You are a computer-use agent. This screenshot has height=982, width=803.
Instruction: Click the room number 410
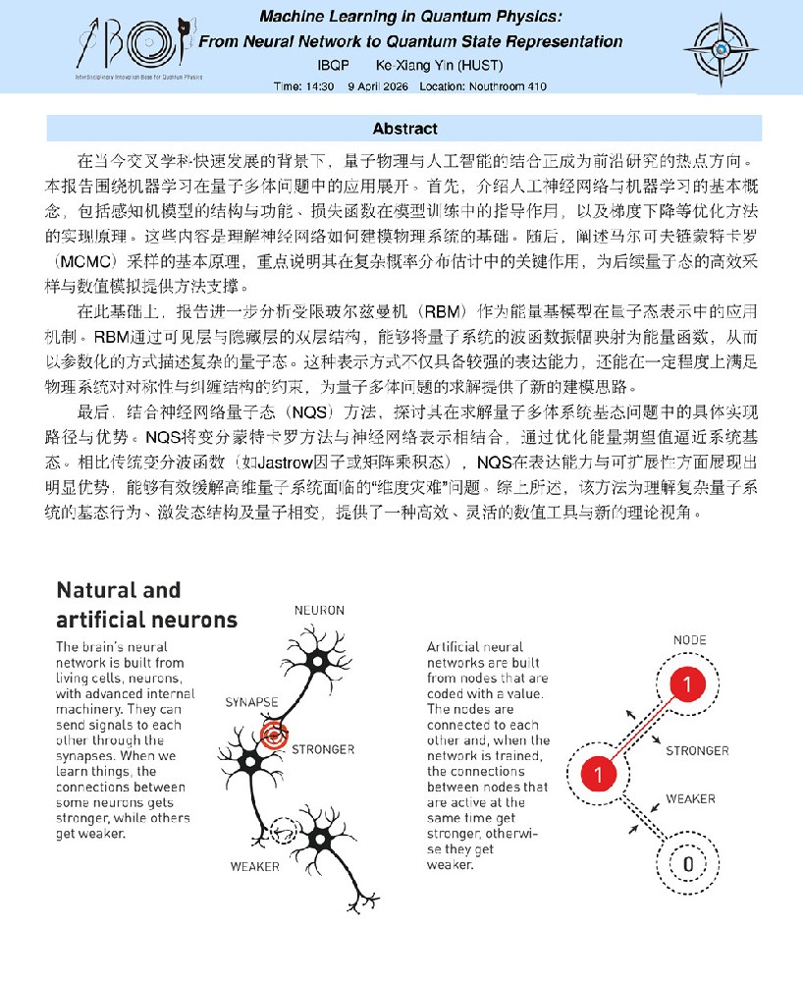[535, 86]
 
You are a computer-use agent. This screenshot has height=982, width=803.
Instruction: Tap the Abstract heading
[404, 129]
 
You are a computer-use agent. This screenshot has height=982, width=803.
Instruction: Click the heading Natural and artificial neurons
[146, 605]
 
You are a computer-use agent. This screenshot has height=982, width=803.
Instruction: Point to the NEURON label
[319, 610]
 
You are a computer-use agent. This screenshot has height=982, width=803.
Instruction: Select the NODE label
[689, 639]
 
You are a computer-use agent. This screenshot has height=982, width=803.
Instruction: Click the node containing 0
[688, 865]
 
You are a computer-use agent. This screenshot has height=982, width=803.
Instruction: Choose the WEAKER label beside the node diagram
[691, 798]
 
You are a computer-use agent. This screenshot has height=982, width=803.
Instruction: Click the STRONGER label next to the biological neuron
[323, 749]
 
